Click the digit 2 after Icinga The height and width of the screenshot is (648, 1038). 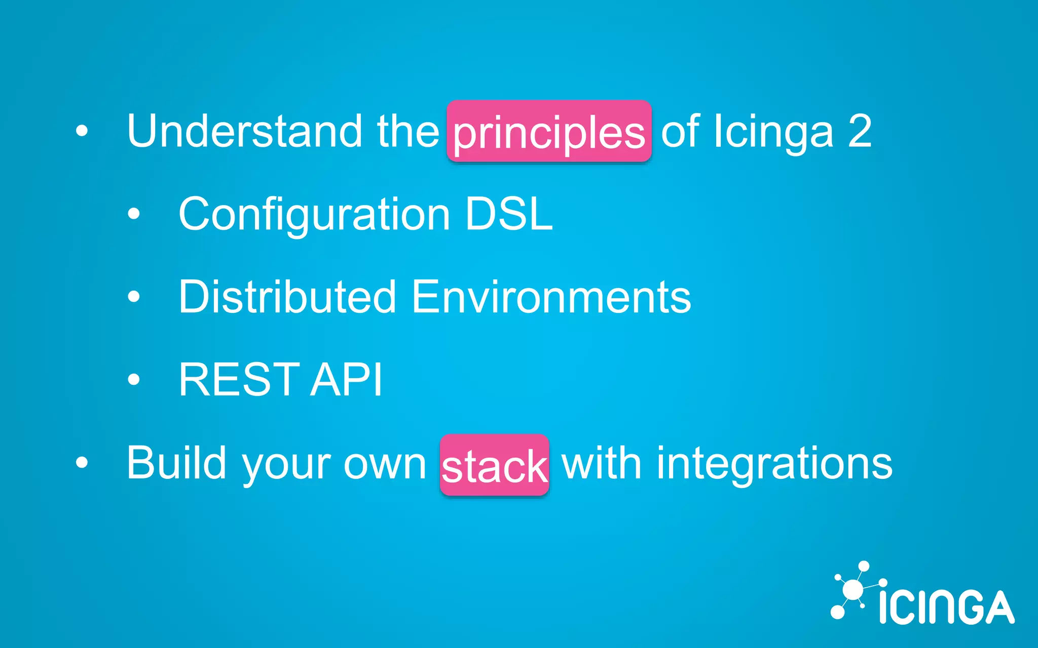coord(860,131)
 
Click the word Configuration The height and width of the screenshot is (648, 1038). coord(314,215)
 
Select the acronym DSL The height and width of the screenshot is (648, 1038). coord(509,215)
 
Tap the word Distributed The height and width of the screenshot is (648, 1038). coord(287,297)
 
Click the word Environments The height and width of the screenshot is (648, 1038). coord(551,297)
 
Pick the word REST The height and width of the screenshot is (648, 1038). coord(239,380)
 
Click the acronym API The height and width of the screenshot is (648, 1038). coord(347,380)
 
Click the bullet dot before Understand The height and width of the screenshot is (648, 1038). coord(82,132)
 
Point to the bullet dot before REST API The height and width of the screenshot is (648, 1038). coord(133,379)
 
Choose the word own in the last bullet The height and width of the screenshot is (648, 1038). coord(385,464)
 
